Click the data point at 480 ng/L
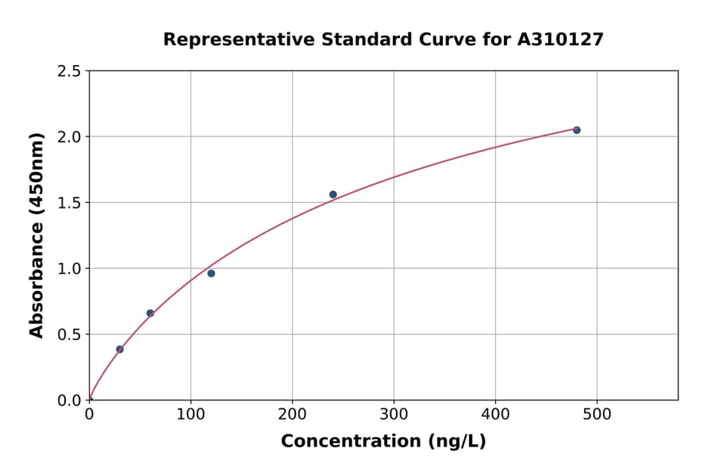[x=577, y=130]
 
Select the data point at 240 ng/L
[x=333, y=194]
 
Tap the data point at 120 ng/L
[x=211, y=274]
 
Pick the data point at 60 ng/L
[x=150, y=313]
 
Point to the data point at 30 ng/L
[x=120, y=349]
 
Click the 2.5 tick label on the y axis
[x=69, y=71]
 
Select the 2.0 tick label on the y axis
[x=69, y=137]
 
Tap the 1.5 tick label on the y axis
[x=69, y=203]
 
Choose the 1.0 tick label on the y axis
[x=69, y=269]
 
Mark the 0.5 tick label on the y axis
[x=69, y=335]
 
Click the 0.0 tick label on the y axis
[x=69, y=400]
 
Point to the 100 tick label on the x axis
[x=190, y=414]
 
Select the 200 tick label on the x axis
[x=292, y=414]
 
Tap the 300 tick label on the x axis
[x=393, y=414]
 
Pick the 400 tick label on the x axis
[x=495, y=414]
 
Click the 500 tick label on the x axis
[x=597, y=414]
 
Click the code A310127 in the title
[x=561, y=39]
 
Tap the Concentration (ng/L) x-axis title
[x=383, y=441]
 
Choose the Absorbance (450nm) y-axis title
[x=36, y=235]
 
